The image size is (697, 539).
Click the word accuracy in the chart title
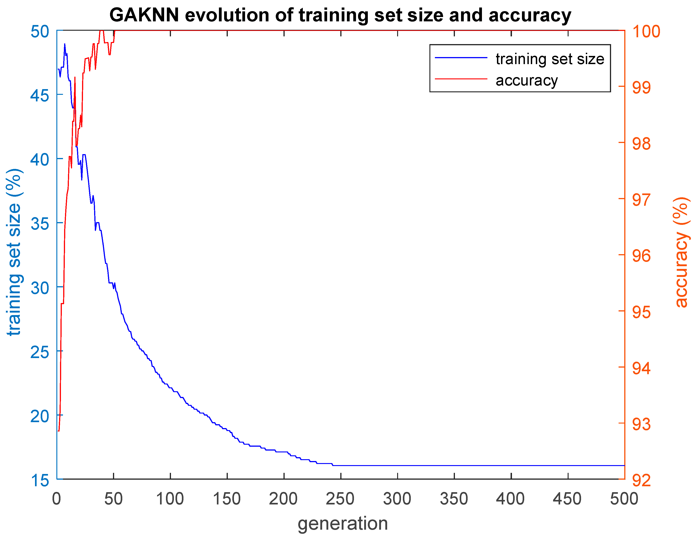click(529, 15)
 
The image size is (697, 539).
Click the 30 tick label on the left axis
click(40, 288)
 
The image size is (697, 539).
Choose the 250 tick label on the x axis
click(340, 499)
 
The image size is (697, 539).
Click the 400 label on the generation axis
click(510, 499)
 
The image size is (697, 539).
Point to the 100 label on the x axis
click(170, 499)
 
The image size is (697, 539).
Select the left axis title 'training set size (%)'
click(14, 252)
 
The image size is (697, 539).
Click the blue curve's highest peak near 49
click(65, 44)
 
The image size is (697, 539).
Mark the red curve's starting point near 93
click(59, 431)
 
